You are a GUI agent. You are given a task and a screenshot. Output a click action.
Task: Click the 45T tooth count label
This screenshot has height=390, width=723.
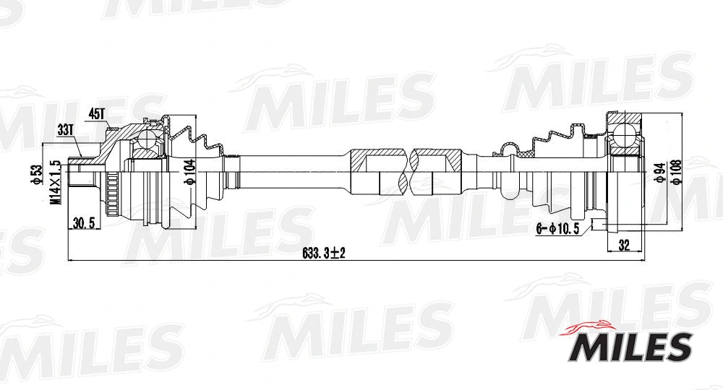pyautogui.click(x=97, y=114)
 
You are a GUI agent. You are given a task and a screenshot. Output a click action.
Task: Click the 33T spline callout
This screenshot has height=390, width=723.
pyautogui.click(x=66, y=131)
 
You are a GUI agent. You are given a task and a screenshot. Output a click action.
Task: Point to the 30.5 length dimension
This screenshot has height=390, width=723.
pyautogui.click(x=85, y=224)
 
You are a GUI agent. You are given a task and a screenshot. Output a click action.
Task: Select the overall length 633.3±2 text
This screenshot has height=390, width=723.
pyautogui.click(x=325, y=253)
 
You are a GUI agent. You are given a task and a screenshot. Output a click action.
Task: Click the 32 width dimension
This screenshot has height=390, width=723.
pyautogui.click(x=625, y=244)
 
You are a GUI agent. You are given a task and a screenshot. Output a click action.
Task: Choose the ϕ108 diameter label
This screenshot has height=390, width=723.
pyautogui.click(x=675, y=172)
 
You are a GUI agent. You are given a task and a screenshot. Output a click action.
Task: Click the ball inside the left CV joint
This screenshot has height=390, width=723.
pyautogui.click(x=150, y=138)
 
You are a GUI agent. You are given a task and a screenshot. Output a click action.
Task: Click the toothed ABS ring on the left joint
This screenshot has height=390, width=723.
pyautogui.click(x=111, y=191)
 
